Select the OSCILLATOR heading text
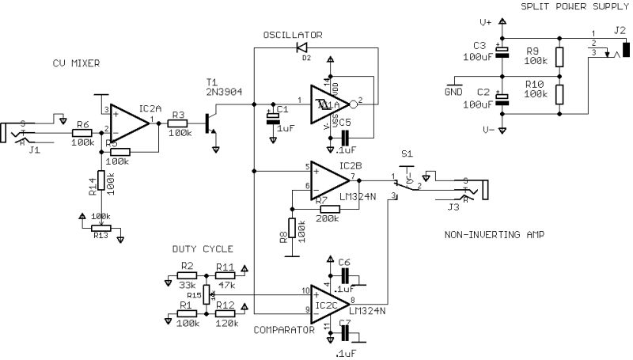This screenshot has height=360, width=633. coord(293,35)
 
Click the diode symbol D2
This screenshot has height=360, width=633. coord(301,48)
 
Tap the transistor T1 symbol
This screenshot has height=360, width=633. coord(210,123)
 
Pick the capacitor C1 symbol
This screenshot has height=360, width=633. coord(273,118)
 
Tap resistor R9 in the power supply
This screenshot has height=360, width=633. coord(559,56)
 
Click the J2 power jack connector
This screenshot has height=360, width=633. coord(625,48)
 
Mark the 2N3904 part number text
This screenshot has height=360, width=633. coord(218,92)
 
